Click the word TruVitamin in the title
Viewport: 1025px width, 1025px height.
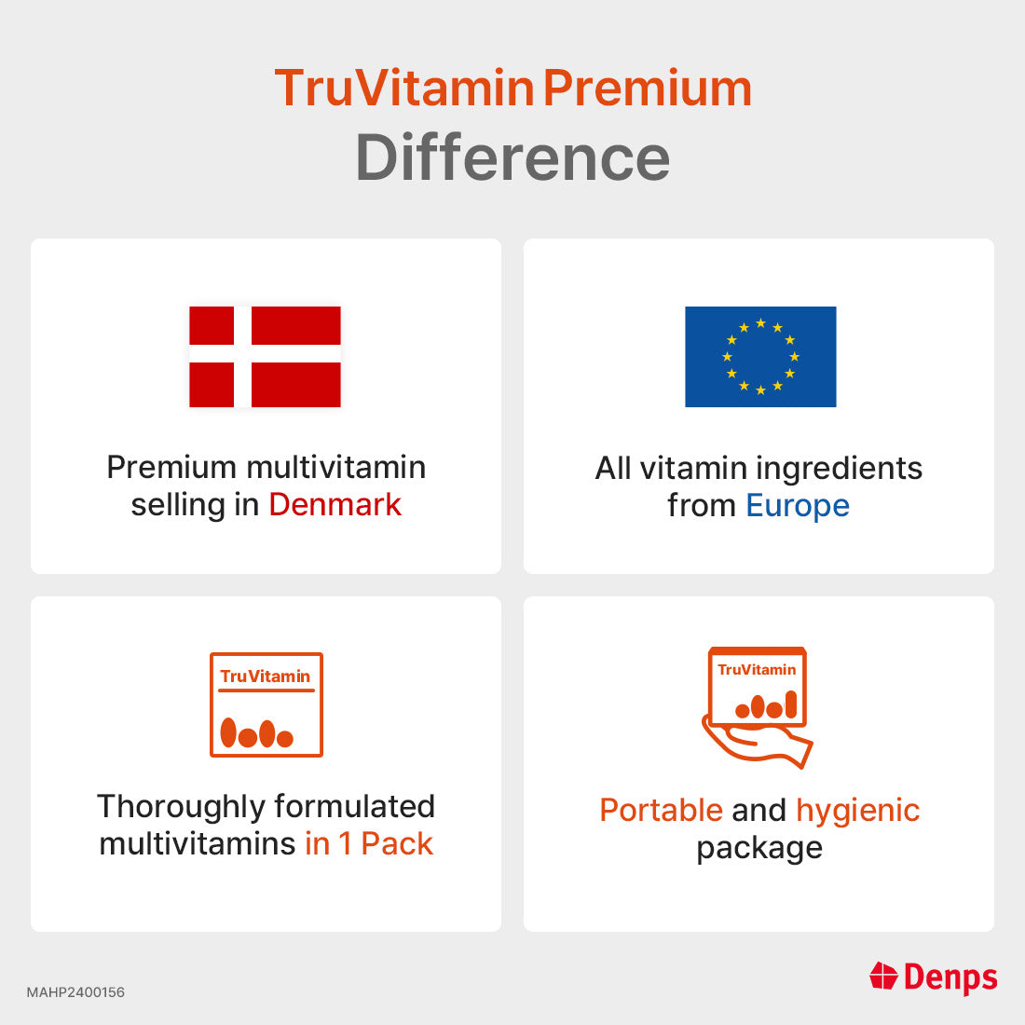(x=403, y=89)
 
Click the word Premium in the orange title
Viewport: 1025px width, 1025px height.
(x=648, y=89)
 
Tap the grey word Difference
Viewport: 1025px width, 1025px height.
(x=512, y=157)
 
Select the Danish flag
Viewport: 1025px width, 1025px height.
(x=265, y=357)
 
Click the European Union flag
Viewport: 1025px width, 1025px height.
(x=760, y=357)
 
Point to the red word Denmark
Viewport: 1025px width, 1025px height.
(x=335, y=505)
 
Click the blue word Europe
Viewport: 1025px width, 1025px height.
(x=798, y=506)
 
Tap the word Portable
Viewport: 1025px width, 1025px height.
(x=661, y=811)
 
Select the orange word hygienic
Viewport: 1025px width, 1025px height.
(x=858, y=811)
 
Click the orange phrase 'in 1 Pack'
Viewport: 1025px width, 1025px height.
(x=369, y=844)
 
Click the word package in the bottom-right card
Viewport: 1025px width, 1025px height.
(x=759, y=848)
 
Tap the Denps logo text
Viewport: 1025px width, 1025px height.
(x=950, y=977)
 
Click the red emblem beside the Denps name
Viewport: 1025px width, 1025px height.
(x=883, y=977)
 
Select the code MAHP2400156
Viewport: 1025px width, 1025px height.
(x=75, y=992)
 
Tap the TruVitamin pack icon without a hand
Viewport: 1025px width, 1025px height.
(x=266, y=704)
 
